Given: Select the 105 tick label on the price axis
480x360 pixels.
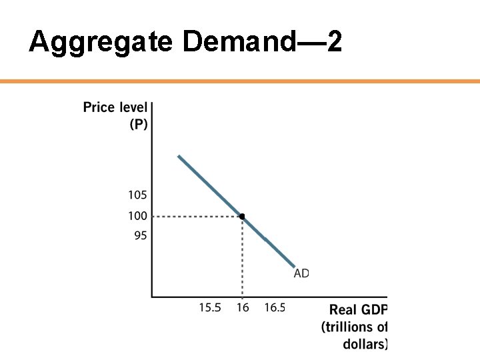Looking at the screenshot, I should coord(137,195).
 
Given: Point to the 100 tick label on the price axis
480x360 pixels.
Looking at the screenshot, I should coord(137,216).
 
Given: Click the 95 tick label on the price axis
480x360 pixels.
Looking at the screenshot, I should coord(140,235).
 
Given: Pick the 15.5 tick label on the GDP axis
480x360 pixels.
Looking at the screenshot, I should coord(210,307).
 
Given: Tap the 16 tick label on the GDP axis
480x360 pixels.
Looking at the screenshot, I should coord(242,307).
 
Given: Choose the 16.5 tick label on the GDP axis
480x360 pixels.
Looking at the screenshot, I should coord(275,307).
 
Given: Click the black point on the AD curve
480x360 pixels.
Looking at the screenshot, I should coord(242,216).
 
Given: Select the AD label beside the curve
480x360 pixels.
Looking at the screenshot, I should coord(301,273).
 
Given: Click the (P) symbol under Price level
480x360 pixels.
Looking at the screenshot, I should coord(137,124).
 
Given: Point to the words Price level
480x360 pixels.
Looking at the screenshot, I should coord(115,107).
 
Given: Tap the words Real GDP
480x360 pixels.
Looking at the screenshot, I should coord(358,310).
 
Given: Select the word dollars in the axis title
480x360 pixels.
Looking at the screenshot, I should coord(365,344).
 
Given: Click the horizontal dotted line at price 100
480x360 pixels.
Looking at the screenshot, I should coord(193,216).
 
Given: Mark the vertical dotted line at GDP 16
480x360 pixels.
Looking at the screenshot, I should coord(242,260).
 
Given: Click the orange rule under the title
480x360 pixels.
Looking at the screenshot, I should coord(240,81).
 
